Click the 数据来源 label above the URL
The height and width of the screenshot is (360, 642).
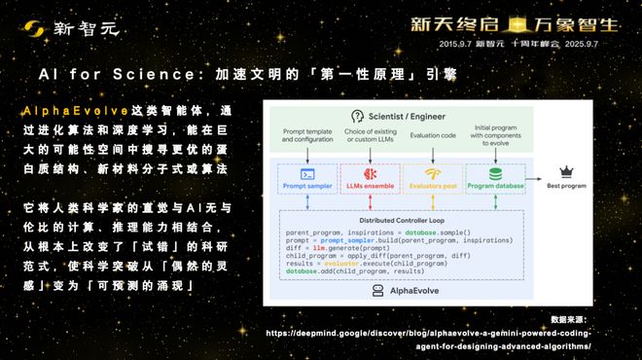coord(575,319)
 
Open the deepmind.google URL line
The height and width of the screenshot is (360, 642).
coord(433,332)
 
